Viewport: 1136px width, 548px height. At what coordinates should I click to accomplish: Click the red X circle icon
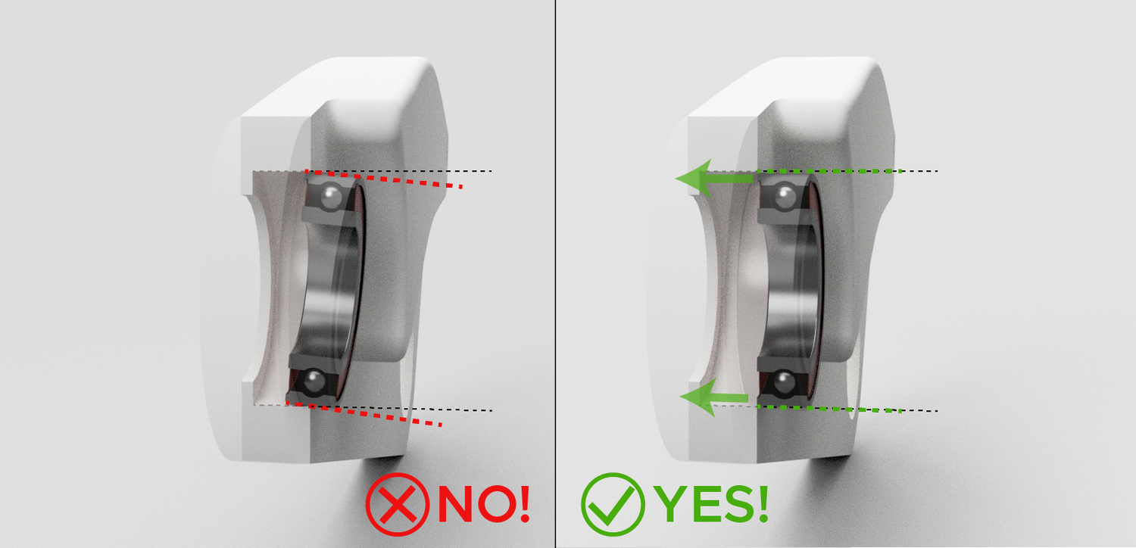398,504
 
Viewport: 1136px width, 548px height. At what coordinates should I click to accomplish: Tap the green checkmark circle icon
613,504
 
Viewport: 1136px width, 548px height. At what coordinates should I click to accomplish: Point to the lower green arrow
713,397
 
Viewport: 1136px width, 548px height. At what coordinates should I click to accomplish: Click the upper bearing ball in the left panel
332,197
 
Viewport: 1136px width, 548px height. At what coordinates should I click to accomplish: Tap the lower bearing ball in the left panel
314,381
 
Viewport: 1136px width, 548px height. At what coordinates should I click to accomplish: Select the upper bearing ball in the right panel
785,197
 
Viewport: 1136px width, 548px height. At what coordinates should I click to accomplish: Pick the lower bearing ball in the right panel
785,381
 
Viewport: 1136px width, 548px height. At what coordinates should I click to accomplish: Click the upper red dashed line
383,179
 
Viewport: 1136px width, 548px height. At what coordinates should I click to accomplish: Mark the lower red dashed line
364,413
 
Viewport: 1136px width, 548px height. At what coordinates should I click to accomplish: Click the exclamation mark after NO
525,503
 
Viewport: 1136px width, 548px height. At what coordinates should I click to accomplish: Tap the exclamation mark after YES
763,503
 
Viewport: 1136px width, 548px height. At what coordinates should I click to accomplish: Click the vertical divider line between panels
555,274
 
